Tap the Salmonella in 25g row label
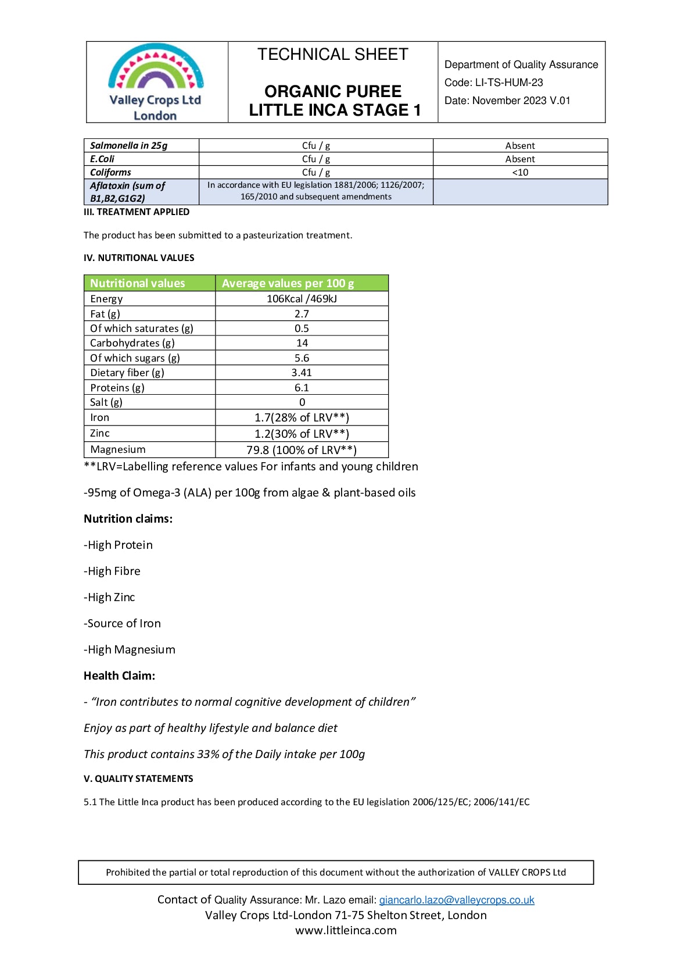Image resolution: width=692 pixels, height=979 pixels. click(129, 145)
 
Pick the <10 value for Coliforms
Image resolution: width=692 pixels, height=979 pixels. click(520, 172)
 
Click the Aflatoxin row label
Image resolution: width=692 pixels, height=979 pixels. click(128, 192)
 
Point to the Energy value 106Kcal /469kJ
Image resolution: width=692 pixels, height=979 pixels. click(302, 299)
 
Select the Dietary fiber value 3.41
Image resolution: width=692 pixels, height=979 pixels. click(302, 373)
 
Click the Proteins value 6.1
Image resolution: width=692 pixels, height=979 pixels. click(302, 388)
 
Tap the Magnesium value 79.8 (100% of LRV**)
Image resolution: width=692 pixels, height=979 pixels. click(302, 450)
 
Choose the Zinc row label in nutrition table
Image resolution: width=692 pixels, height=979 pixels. click(100, 433)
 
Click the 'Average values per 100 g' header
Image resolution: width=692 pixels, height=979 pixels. click(288, 283)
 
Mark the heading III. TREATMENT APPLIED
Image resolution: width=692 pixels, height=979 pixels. click(137, 212)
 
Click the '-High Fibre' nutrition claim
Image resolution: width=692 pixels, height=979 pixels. click(112, 571)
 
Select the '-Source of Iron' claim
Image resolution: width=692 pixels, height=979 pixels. click(122, 623)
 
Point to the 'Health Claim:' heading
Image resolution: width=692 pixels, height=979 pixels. click(119, 676)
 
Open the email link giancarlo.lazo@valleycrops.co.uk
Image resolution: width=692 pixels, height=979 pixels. click(457, 900)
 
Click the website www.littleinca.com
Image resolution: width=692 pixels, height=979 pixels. click(346, 930)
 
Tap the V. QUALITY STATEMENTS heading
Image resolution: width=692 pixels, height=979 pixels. click(138, 778)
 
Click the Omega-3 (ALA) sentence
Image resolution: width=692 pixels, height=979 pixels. click(250, 492)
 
